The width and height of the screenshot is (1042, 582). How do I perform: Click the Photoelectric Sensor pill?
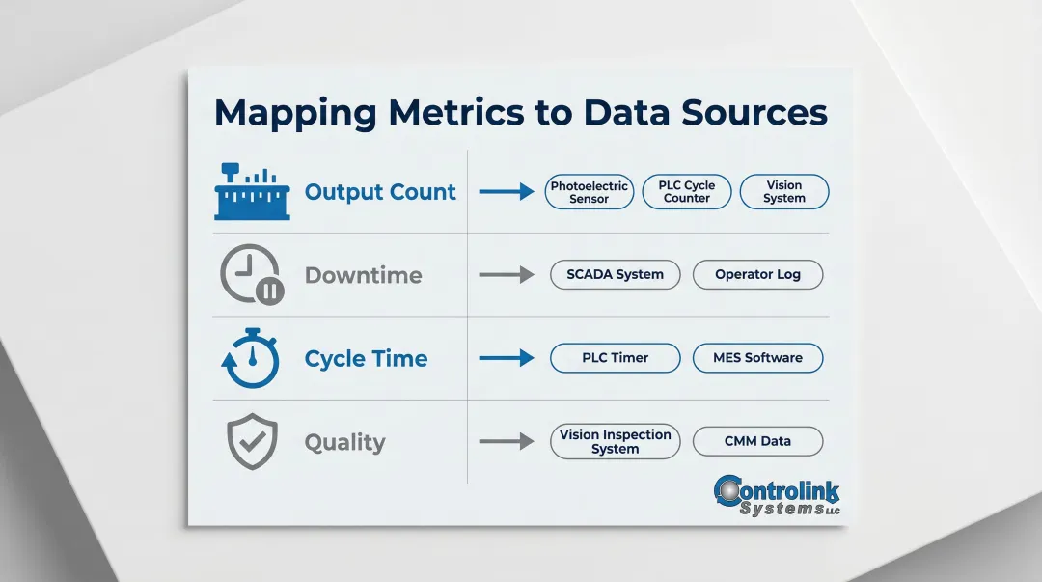(x=589, y=192)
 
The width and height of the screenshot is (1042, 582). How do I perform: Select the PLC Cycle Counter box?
(x=686, y=192)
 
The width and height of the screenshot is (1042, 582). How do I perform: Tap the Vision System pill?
(x=783, y=192)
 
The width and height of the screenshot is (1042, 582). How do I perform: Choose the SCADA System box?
(x=615, y=275)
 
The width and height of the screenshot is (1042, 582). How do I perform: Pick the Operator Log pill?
(x=757, y=275)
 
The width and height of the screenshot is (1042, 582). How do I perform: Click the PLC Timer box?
(x=615, y=358)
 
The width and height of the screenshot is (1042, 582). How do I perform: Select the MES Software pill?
(x=757, y=358)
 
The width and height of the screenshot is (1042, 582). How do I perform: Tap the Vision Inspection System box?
(x=615, y=442)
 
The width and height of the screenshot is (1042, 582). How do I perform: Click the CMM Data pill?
(x=757, y=442)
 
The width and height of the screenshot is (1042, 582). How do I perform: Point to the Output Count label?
(x=380, y=192)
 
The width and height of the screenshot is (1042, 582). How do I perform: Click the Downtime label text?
(x=363, y=276)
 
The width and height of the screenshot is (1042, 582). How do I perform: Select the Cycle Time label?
(x=366, y=359)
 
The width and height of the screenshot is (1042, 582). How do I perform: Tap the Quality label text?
(x=344, y=443)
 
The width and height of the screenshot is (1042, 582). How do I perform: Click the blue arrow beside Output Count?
(x=506, y=192)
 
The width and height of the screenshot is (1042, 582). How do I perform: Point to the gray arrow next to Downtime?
(x=506, y=275)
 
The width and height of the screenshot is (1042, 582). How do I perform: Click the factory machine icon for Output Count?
(x=252, y=192)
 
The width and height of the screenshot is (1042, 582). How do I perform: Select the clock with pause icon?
(x=251, y=275)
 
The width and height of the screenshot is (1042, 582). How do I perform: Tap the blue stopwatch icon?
(x=251, y=358)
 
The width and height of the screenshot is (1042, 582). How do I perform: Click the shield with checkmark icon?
(x=252, y=442)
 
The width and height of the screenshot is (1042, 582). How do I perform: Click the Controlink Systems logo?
(x=777, y=495)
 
